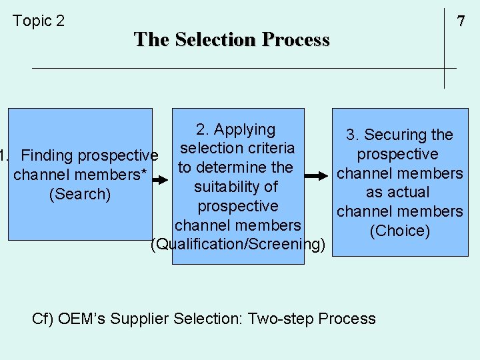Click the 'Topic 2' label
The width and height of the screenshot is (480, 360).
39,21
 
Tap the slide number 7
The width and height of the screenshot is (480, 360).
460,21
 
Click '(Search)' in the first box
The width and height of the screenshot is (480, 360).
79,195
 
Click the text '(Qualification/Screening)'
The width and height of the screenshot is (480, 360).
239,245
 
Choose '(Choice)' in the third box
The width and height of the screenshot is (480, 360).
400,231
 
